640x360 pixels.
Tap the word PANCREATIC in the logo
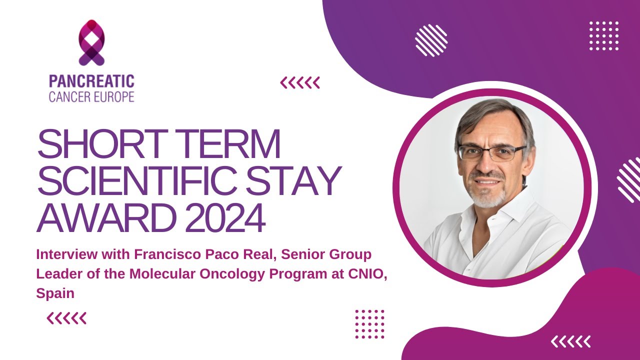tap(91, 81)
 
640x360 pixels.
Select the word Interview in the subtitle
tap(62, 254)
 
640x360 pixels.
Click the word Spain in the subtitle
tap(55, 293)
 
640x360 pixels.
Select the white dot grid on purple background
tap(604, 36)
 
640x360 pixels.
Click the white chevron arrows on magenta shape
tap(570, 341)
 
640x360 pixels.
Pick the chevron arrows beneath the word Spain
tap(66, 318)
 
